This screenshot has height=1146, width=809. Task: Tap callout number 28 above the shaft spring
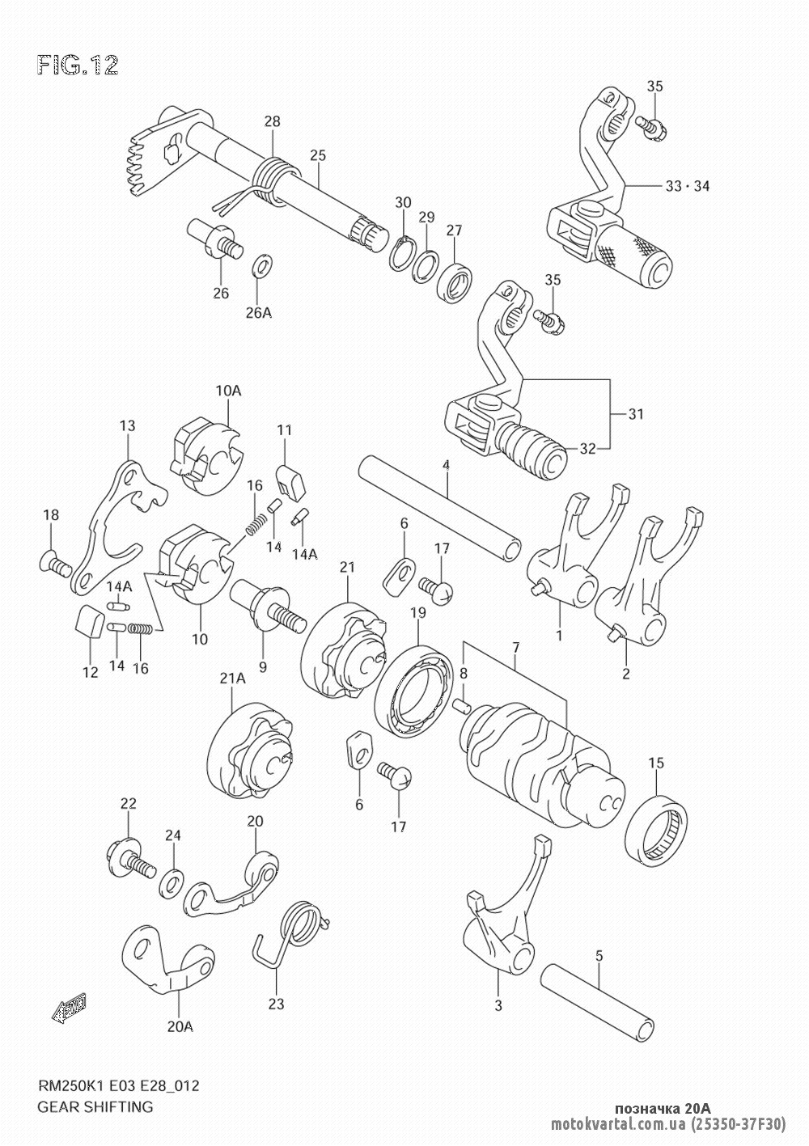[272, 121]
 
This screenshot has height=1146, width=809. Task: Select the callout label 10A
[229, 390]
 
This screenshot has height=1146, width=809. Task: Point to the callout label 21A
[233, 679]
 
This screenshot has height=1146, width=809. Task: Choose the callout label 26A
[259, 313]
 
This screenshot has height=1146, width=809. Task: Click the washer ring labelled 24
[171, 882]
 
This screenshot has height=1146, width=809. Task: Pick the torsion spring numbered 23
[299, 928]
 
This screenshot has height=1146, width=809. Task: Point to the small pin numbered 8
[463, 705]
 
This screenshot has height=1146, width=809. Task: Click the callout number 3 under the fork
[498, 1005]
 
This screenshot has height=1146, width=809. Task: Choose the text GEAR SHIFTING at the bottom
[95, 1106]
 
